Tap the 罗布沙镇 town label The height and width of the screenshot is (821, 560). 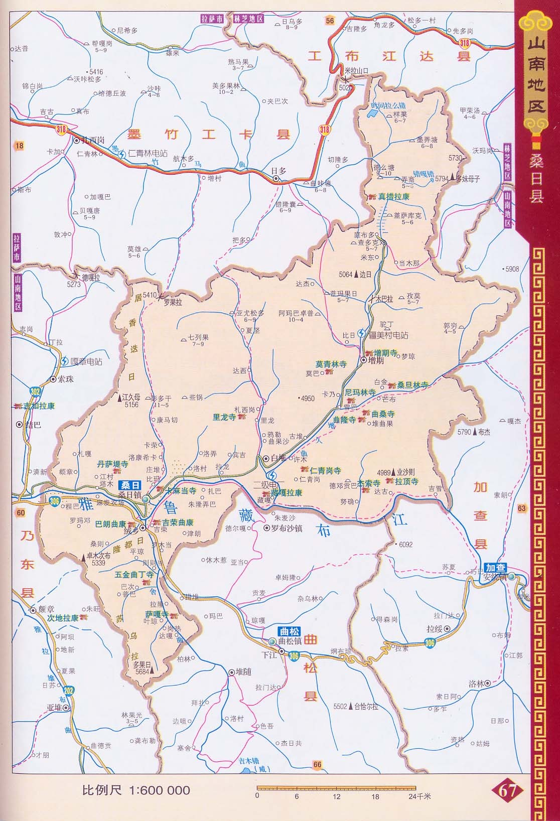coord(287,528)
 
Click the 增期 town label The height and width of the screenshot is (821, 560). coord(376,360)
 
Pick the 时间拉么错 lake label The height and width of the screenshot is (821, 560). coord(387,106)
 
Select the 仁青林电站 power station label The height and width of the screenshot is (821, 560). coord(148,154)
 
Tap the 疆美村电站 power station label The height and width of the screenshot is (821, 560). coord(388,335)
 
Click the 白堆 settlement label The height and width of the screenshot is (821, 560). coord(278,458)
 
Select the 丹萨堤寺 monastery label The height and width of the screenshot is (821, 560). coord(112,465)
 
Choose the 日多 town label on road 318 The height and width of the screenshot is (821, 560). coord(279,171)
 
